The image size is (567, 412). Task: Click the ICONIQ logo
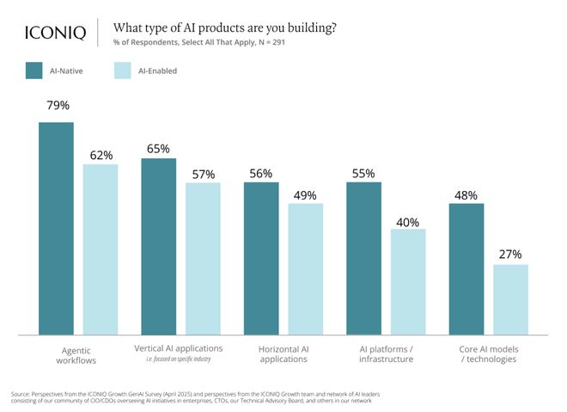(x=54, y=33)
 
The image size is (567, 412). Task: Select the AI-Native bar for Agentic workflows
(x=57, y=228)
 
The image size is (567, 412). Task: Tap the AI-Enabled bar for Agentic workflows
(x=101, y=249)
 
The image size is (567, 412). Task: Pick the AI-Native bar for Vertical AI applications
(x=159, y=246)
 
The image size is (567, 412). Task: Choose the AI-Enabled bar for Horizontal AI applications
(x=305, y=268)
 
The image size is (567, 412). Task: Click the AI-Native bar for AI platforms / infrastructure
(x=364, y=258)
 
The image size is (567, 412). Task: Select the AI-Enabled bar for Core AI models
(x=510, y=299)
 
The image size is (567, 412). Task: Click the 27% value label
(x=510, y=254)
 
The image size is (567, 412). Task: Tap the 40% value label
(x=408, y=222)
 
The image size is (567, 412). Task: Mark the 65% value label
(x=159, y=148)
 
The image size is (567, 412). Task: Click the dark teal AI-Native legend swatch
(x=35, y=71)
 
